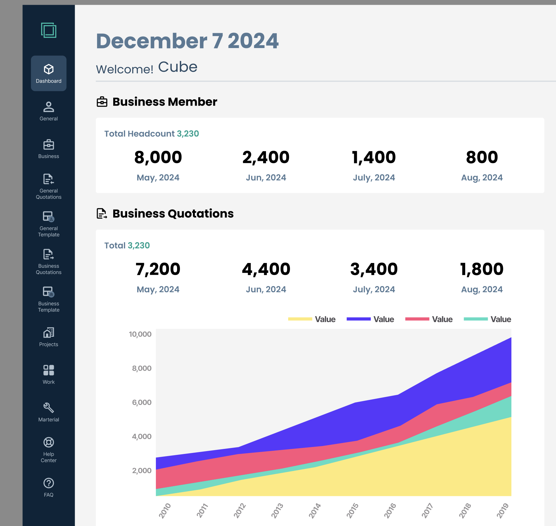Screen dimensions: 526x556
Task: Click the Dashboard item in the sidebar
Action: click(49, 73)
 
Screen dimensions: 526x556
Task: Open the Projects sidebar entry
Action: click(49, 337)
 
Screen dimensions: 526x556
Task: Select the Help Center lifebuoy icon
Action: click(49, 442)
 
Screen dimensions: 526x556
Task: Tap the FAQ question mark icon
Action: click(49, 483)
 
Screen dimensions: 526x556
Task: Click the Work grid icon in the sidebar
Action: click(49, 370)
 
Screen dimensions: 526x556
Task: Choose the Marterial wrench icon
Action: click(49, 408)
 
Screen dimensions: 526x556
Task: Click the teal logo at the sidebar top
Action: click(49, 30)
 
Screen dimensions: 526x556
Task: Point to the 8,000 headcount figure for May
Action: click(158, 157)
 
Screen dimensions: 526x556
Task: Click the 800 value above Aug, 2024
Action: click(482, 157)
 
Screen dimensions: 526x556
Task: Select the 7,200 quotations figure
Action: click(158, 269)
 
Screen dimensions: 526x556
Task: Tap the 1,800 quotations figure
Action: click(482, 269)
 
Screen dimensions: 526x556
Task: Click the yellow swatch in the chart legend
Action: click(300, 319)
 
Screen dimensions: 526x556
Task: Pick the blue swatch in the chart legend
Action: click(358, 319)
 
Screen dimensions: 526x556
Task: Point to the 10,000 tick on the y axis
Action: click(140, 334)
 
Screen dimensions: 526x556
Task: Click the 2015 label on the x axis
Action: click(352, 511)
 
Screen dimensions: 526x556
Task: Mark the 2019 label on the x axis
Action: click(503, 511)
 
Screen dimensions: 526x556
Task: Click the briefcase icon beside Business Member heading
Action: click(102, 102)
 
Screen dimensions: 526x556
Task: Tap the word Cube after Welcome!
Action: click(178, 67)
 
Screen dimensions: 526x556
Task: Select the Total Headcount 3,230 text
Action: click(151, 134)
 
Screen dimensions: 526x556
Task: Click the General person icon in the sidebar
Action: click(49, 107)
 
